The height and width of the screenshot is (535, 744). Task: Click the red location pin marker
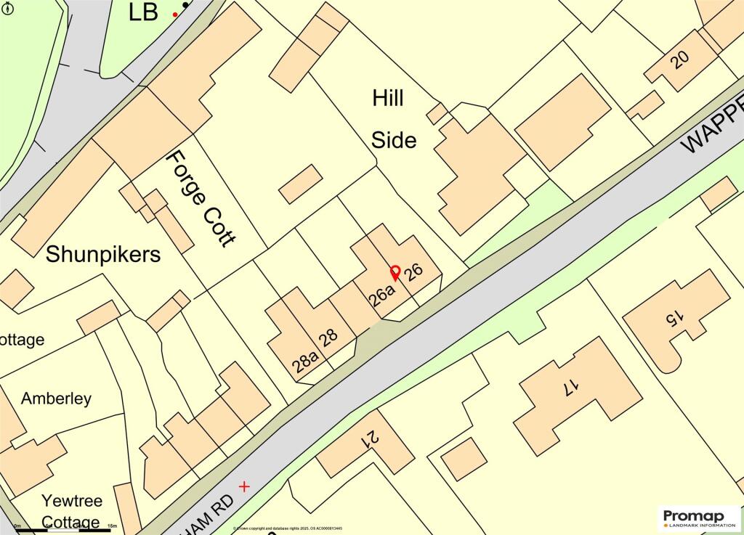tap(395, 273)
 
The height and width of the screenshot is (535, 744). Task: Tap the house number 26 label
tap(413, 272)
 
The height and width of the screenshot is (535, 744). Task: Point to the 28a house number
tap(306, 360)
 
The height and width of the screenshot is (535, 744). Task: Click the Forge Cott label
tap(201, 198)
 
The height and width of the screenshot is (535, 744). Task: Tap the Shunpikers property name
tap(103, 254)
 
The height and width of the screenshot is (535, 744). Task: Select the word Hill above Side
tap(388, 98)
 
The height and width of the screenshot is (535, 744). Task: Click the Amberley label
tap(56, 398)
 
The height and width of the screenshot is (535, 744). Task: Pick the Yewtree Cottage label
tap(71, 511)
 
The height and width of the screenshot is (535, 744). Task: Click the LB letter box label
tap(143, 12)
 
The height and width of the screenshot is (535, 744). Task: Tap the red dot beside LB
tap(175, 15)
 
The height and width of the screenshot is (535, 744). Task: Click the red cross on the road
tap(244, 486)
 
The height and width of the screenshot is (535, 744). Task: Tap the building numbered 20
tap(680, 60)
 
